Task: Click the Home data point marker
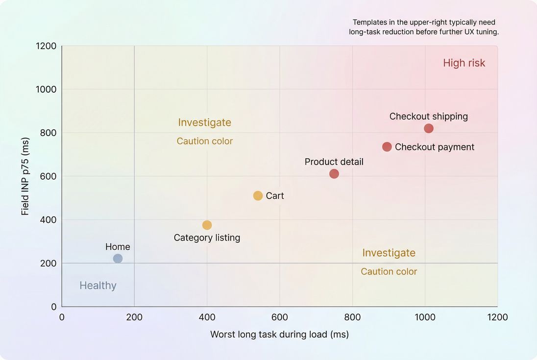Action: point(118,259)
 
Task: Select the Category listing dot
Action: point(207,225)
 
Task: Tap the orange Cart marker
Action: point(258,196)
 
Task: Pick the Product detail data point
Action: point(334,174)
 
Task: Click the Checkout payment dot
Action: point(387,147)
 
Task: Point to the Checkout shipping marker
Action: point(429,128)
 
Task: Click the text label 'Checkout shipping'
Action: point(428,117)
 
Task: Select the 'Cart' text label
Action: point(275,196)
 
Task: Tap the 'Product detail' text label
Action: point(334,162)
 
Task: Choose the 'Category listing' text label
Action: point(207,238)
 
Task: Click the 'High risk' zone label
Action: point(464,63)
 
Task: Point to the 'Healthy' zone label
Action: point(98,286)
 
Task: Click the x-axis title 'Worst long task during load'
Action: point(279,335)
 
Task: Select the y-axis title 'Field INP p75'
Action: point(25,176)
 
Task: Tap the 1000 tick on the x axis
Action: point(425,317)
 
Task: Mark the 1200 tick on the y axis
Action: point(46,46)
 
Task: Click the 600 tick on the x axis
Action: point(279,317)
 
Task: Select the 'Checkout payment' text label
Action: point(434,147)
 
